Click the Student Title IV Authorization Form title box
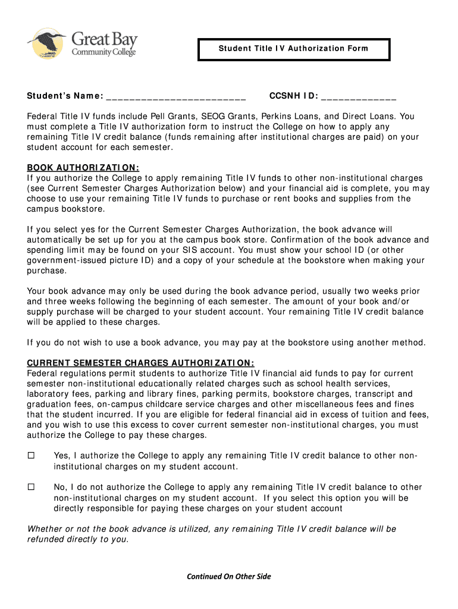293,49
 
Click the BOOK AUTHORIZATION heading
83,168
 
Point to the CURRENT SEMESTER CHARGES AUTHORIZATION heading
141,363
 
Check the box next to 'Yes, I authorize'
32,456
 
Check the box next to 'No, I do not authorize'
32,487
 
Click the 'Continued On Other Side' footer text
229,576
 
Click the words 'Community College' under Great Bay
104,52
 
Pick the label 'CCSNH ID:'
294,97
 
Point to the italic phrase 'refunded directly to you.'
78,539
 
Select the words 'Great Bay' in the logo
105,40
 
